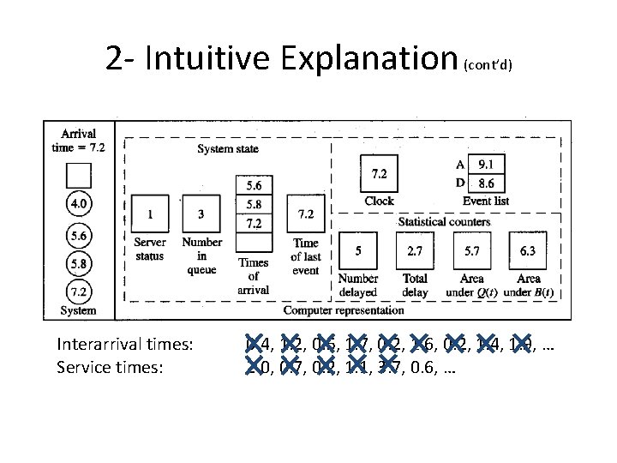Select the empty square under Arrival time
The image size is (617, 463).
click(x=78, y=176)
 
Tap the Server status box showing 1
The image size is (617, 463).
click(x=150, y=213)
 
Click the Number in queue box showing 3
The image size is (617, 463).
click(x=201, y=213)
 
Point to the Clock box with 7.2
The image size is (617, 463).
click(x=379, y=174)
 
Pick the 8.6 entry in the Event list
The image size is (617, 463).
click(x=486, y=183)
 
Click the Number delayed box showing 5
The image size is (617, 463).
click(x=357, y=251)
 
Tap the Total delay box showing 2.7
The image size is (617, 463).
click(x=415, y=251)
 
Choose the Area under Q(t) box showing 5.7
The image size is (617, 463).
click(x=471, y=251)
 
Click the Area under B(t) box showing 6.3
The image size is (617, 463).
click(x=528, y=251)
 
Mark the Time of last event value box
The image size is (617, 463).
click(x=305, y=213)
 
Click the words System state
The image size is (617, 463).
click(x=228, y=149)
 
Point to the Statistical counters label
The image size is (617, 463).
click(x=444, y=221)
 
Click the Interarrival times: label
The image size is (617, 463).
click(x=125, y=345)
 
